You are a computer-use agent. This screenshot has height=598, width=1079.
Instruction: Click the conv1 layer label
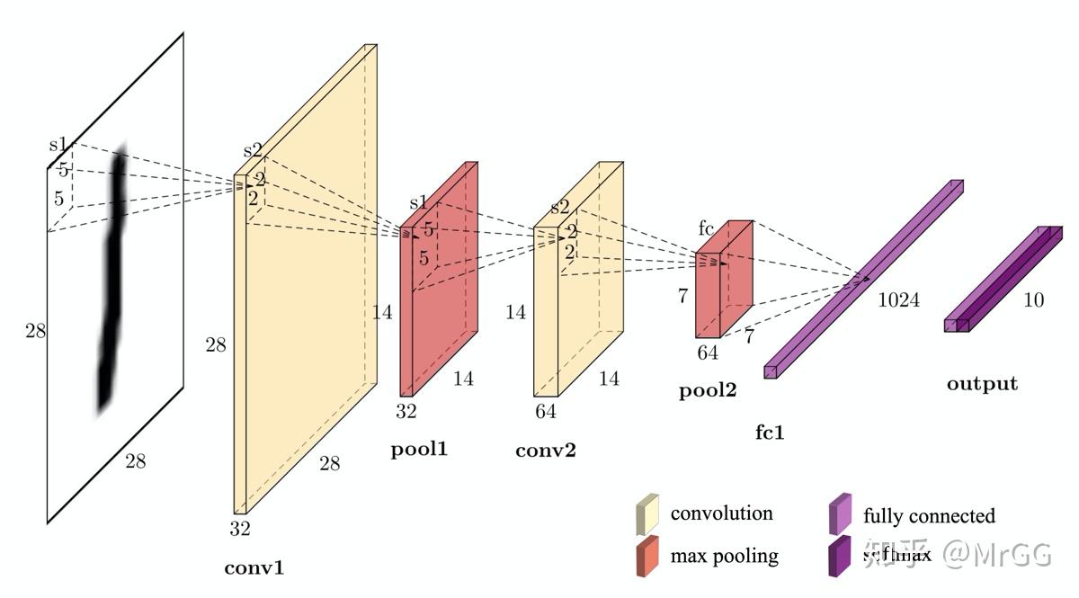254,567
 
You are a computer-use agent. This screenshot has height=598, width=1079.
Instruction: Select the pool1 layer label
419,449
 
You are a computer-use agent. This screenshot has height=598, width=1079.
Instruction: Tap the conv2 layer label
545,450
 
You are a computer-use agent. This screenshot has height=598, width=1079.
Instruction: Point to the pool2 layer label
707,391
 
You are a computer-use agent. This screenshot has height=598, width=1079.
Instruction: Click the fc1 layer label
770,433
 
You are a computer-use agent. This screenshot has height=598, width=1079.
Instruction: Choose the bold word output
982,384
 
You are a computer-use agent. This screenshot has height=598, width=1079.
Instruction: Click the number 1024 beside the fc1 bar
898,300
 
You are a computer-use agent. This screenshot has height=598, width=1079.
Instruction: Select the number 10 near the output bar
1034,300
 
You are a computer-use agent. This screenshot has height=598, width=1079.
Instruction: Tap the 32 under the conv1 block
239,529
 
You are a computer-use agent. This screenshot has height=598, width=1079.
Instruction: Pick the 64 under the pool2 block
708,353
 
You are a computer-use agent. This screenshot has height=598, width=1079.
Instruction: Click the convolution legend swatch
647,513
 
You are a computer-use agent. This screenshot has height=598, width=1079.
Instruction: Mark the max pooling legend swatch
647,556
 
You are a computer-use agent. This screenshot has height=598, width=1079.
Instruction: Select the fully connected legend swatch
840,513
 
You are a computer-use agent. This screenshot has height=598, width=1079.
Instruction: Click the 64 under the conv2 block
545,412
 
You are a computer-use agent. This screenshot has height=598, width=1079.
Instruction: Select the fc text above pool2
707,228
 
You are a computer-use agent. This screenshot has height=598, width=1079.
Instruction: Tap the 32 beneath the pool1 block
406,412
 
